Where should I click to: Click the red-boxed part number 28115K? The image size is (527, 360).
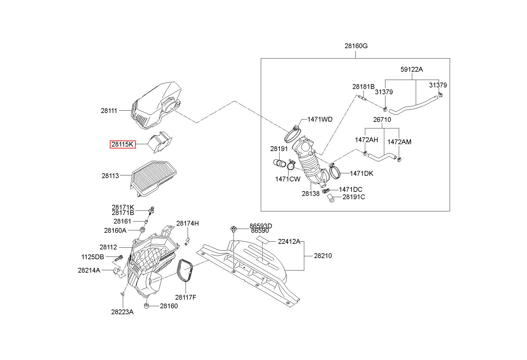[123, 144]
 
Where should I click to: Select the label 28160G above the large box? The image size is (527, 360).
[356, 46]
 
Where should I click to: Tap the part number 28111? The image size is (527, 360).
[109, 111]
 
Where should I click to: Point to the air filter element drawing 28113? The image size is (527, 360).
[154, 178]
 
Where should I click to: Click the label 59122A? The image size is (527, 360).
[412, 69]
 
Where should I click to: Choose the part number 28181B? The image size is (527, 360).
[363, 87]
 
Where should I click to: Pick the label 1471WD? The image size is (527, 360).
[320, 119]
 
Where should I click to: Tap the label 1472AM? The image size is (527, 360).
[399, 142]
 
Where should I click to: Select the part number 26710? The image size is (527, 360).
[382, 120]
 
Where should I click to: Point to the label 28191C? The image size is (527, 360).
[354, 197]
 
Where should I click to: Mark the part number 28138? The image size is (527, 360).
[310, 194]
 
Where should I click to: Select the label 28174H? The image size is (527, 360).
[187, 223]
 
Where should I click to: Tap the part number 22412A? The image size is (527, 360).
[289, 241]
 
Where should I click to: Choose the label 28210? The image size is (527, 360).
[323, 256]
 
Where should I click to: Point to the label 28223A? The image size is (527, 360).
[122, 312]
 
